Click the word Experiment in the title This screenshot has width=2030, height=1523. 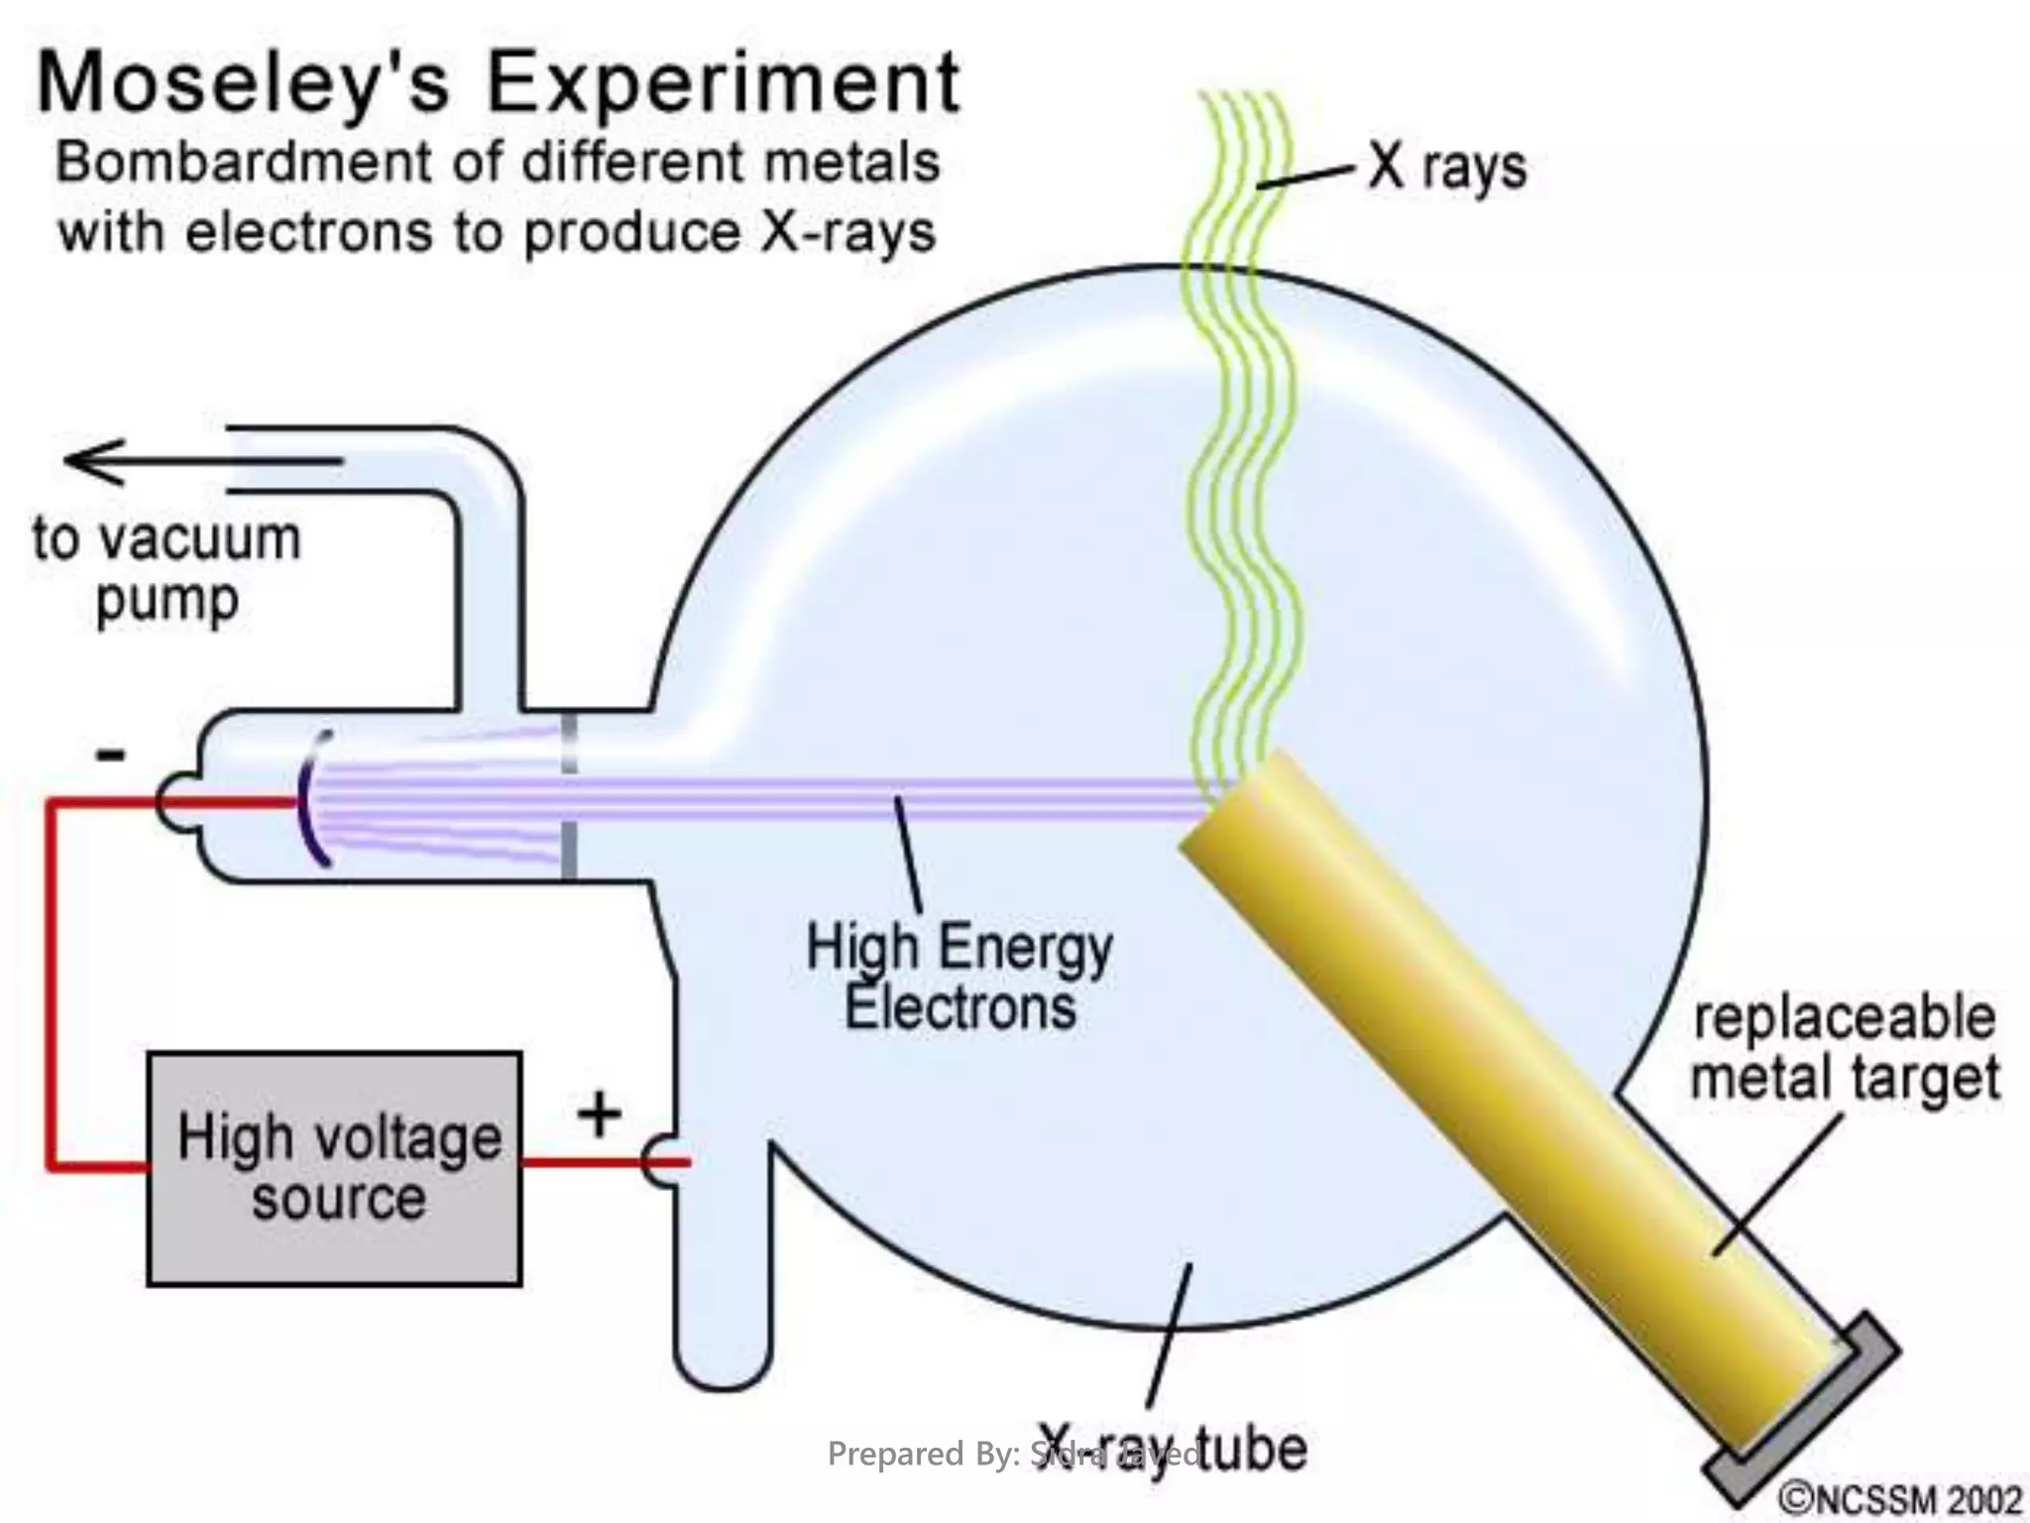click(x=724, y=83)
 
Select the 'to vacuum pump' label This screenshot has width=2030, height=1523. click(x=167, y=569)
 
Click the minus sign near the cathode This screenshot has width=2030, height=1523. click(x=110, y=756)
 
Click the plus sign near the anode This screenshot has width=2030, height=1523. click(x=599, y=1114)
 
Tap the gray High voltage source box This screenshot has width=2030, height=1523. click(x=334, y=1168)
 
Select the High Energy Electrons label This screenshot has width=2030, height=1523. click(x=959, y=977)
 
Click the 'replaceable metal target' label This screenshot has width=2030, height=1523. click(x=1844, y=1048)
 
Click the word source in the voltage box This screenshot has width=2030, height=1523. click(x=338, y=1198)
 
